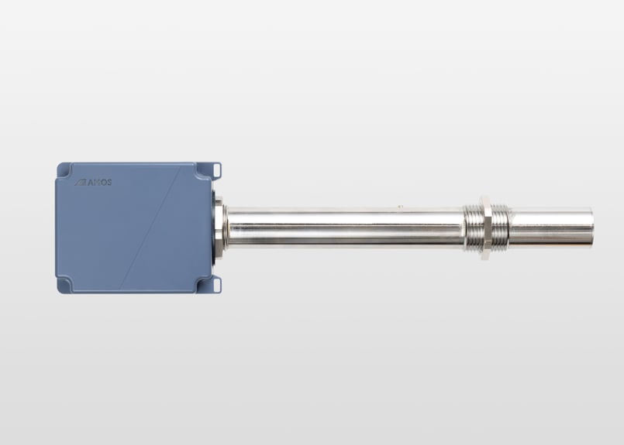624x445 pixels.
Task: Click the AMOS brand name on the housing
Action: coord(99,183)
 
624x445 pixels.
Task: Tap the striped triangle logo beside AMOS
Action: coord(81,183)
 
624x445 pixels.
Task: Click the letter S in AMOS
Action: coord(109,183)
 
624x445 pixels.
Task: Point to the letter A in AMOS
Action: coord(90,183)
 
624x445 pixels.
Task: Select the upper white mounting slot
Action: coord(216,170)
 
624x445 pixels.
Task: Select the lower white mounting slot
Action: coord(216,284)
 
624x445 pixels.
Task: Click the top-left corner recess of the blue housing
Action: coord(64,169)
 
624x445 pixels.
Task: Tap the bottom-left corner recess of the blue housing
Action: coord(64,286)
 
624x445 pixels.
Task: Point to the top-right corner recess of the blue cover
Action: coord(203,170)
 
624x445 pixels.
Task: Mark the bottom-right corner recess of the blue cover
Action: coord(203,285)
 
